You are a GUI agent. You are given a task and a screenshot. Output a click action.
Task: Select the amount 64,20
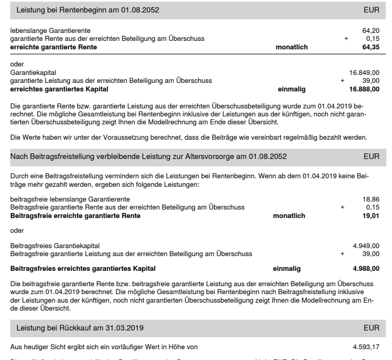[370, 31]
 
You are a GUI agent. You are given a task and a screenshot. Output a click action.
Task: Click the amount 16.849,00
[364, 73]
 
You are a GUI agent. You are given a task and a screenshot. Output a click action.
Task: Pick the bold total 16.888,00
[364, 89]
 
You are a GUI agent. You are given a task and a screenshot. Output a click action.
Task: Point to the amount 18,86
[370, 199]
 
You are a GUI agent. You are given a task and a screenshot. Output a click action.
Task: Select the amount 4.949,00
[366, 246]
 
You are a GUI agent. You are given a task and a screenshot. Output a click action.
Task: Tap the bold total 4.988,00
[366, 269]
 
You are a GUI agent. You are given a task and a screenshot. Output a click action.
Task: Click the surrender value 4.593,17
[366, 346]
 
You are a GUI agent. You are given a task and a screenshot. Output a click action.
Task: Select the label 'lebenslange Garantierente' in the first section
[51, 31]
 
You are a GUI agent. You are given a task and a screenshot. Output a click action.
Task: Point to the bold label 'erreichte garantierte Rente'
[53, 47]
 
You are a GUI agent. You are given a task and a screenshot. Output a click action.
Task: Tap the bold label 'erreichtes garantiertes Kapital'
[59, 89]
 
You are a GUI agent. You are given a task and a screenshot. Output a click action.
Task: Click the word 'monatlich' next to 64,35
[291, 47]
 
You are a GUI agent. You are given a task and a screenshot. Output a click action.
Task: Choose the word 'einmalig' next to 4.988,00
[287, 269]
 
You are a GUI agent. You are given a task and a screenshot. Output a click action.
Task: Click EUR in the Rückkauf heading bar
[372, 328]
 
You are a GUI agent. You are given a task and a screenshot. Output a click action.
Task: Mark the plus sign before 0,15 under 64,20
[346, 39]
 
